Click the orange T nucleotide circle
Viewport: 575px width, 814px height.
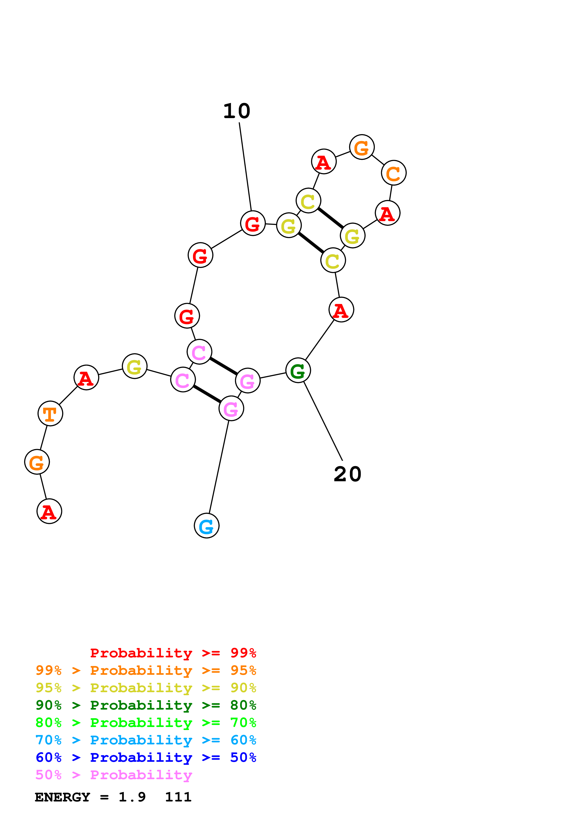coord(50,413)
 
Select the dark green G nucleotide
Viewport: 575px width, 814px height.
coord(298,371)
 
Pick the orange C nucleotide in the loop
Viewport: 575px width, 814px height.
coord(394,173)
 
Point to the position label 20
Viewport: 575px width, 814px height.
coord(347,474)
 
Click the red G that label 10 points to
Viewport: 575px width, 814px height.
coord(253,223)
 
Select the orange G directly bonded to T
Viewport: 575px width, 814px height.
coord(37,462)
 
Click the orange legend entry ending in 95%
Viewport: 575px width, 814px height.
coord(146,670)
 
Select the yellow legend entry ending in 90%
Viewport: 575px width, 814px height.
coord(146,688)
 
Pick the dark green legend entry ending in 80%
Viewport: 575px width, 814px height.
coord(146,705)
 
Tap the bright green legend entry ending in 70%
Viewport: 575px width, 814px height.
coord(146,723)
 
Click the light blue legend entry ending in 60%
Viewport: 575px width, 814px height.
coord(146,740)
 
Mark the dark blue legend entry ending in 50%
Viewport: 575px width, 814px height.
coord(146,757)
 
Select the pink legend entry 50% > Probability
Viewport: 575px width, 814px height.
coord(114,775)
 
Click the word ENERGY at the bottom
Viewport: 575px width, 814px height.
coord(62,797)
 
